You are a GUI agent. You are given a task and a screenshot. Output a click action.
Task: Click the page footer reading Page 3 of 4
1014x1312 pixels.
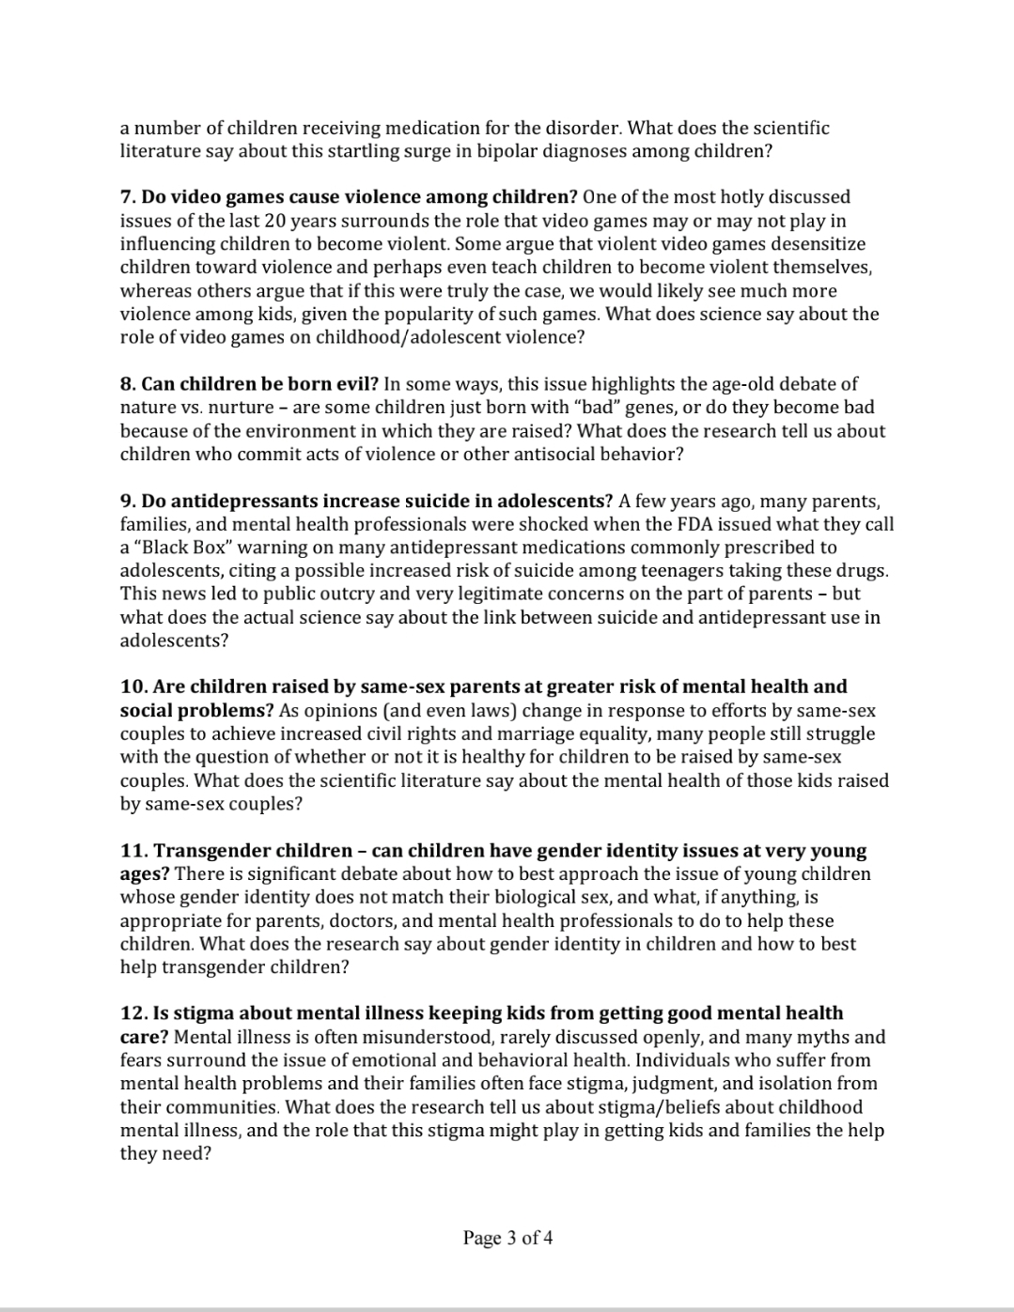click(507, 1238)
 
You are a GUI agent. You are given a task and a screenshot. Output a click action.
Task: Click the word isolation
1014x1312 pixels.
click(776, 1084)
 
